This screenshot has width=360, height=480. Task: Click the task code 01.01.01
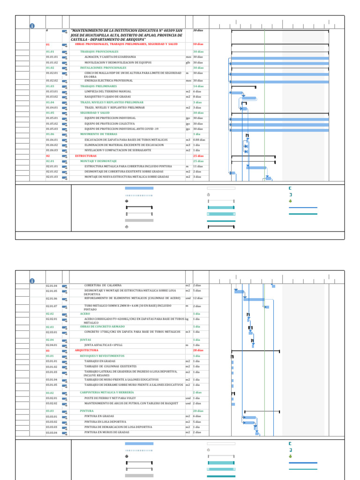click(52, 57)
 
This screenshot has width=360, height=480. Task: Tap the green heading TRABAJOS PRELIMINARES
click(98, 86)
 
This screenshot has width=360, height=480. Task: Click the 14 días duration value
click(198, 86)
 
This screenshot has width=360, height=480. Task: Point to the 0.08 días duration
click(199, 140)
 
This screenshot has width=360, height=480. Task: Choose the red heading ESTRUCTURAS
click(86, 156)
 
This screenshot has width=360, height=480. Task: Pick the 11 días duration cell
click(198, 166)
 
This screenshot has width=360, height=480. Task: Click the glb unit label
click(187, 62)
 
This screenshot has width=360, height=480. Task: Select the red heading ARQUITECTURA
click(87, 350)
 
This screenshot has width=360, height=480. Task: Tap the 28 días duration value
click(198, 350)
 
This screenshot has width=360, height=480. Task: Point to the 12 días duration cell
click(198, 298)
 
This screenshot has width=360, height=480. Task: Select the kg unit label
click(187, 319)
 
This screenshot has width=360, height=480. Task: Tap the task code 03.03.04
click(52, 432)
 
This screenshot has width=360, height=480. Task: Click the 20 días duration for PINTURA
click(198, 411)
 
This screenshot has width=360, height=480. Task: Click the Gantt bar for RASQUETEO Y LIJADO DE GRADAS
click(248, 98)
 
